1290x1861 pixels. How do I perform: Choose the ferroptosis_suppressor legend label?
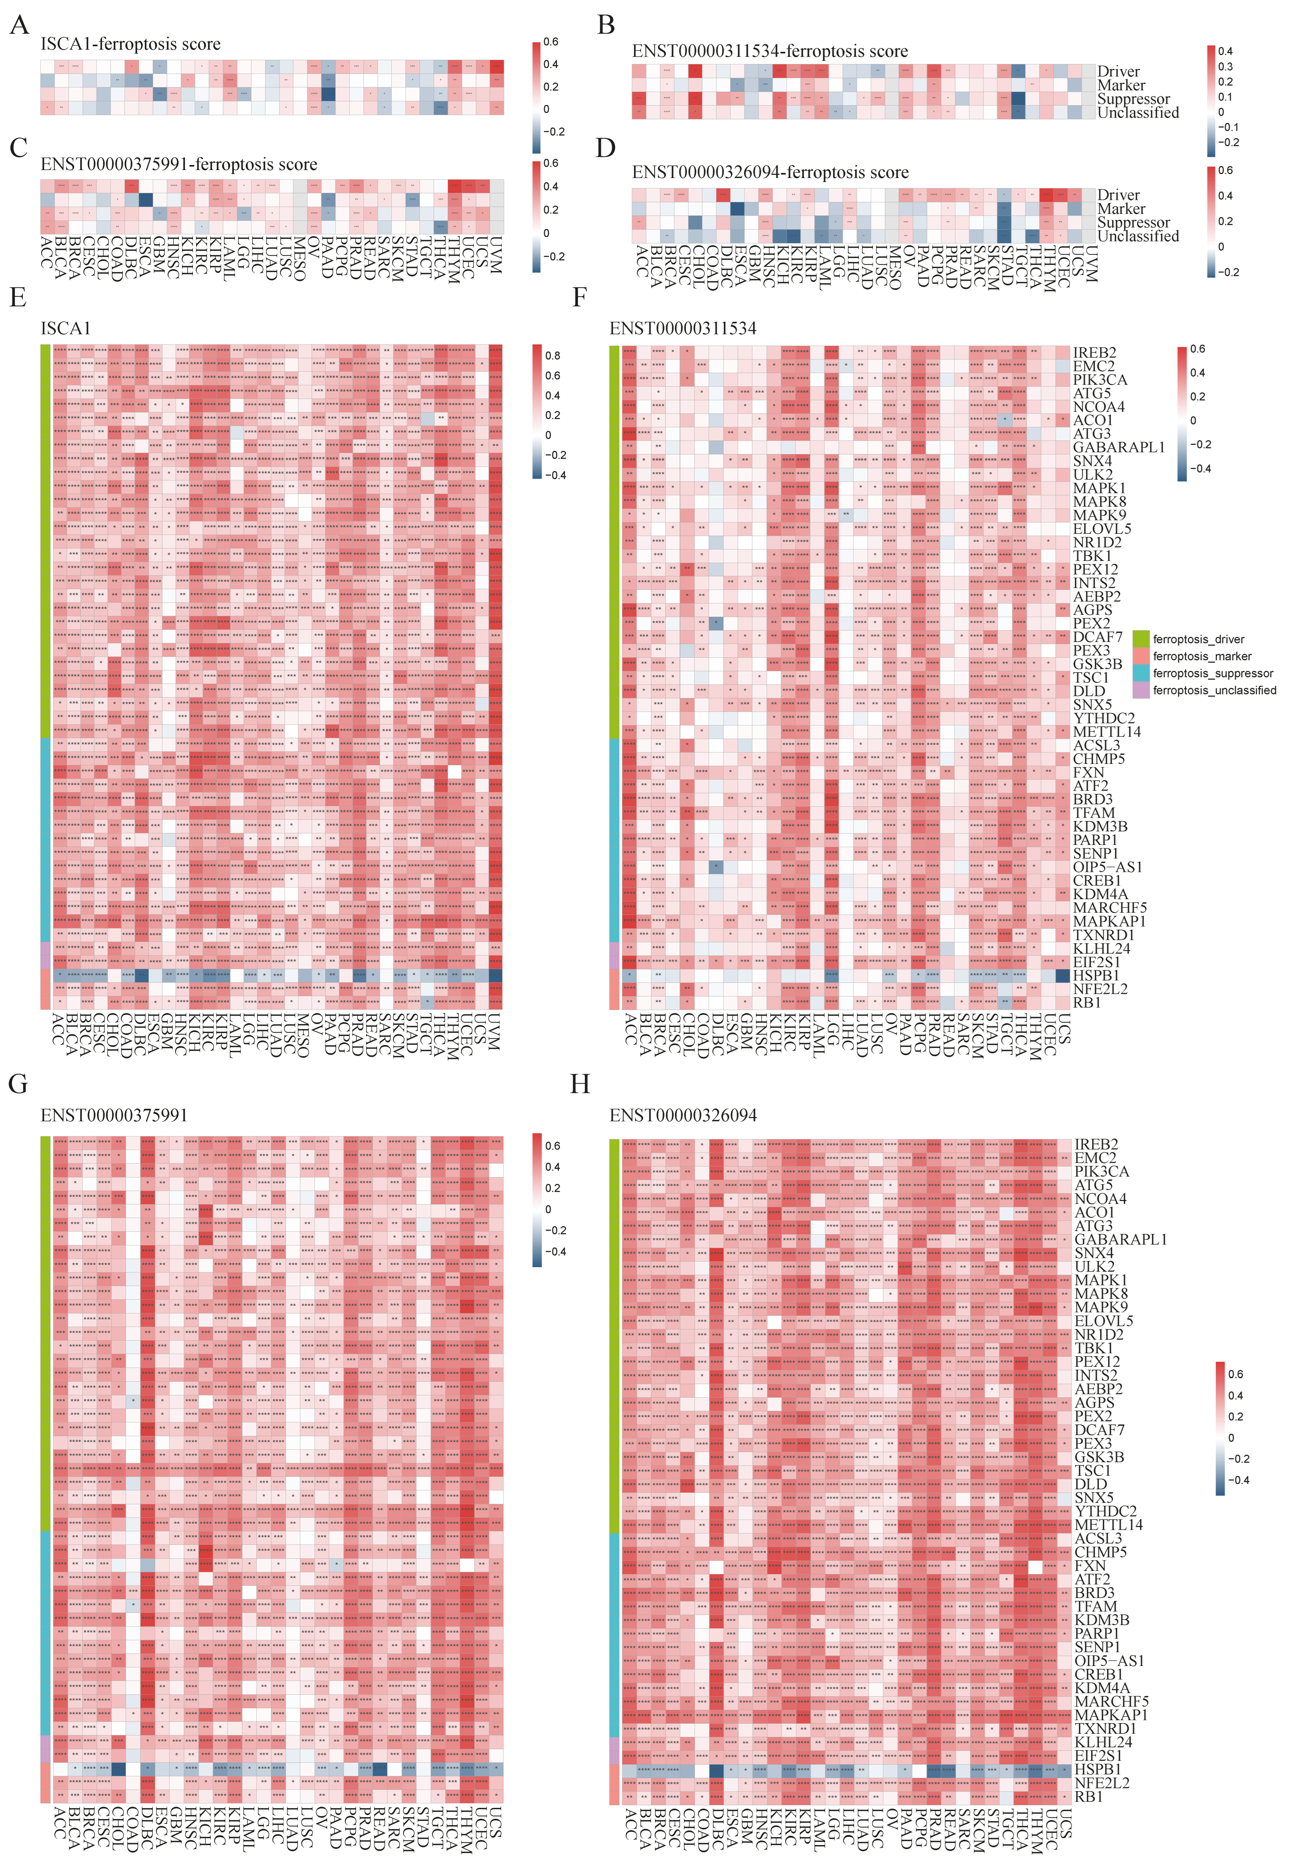tap(1212, 673)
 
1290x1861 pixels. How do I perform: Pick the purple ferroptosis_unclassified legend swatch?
tap(1141, 690)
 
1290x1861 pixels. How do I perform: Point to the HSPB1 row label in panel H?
tap(1097, 1769)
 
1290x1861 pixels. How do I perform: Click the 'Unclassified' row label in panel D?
tap(1137, 236)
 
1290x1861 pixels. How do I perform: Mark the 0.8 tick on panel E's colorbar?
tap(553, 355)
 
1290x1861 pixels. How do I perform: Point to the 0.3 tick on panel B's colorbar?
tap(1225, 66)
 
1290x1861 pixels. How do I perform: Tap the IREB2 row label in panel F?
tap(1094, 352)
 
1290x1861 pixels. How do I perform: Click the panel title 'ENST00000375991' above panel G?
tap(114, 1115)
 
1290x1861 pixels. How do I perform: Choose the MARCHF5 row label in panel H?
tap(1111, 1701)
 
